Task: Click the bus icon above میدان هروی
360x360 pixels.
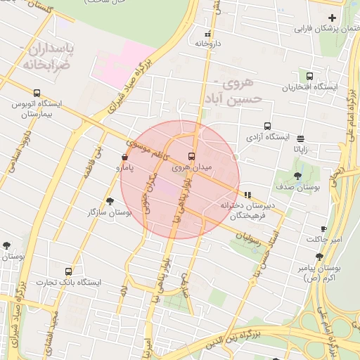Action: (191, 156)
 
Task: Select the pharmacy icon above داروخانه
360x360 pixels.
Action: (207, 33)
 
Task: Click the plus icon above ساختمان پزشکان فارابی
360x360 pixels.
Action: (332, 18)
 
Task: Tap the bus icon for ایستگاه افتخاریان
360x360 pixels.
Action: (310, 77)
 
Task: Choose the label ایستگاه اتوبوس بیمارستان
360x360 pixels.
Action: (37, 108)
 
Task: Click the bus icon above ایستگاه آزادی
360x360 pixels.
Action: (268, 126)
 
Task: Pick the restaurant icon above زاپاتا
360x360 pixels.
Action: (301, 139)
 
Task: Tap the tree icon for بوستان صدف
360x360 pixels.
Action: (298, 176)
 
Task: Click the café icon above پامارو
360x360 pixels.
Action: (124, 157)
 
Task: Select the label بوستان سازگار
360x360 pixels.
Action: (112, 212)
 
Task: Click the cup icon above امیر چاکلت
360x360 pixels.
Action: (323, 229)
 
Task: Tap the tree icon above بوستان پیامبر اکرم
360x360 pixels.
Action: (319, 257)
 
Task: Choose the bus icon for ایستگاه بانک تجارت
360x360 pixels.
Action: (68, 271)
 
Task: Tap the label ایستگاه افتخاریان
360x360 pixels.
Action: (310, 88)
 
